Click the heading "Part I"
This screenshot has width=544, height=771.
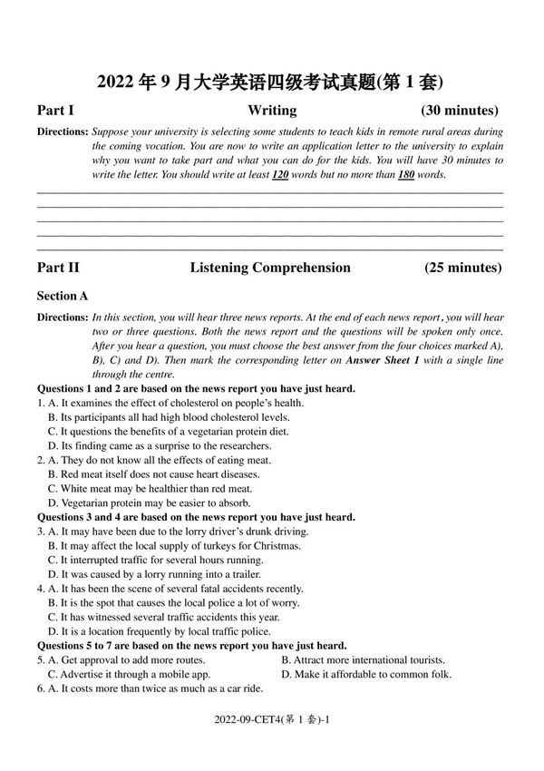pyautogui.click(x=55, y=111)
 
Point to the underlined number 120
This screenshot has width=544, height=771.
pyautogui.click(x=280, y=174)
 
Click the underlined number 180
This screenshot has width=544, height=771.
pyautogui.click(x=405, y=174)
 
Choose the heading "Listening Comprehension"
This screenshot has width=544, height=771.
pyautogui.click(x=270, y=268)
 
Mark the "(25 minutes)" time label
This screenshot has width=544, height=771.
pyautogui.click(x=462, y=268)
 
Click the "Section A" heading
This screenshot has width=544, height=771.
pyautogui.click(x=63, y=296)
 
